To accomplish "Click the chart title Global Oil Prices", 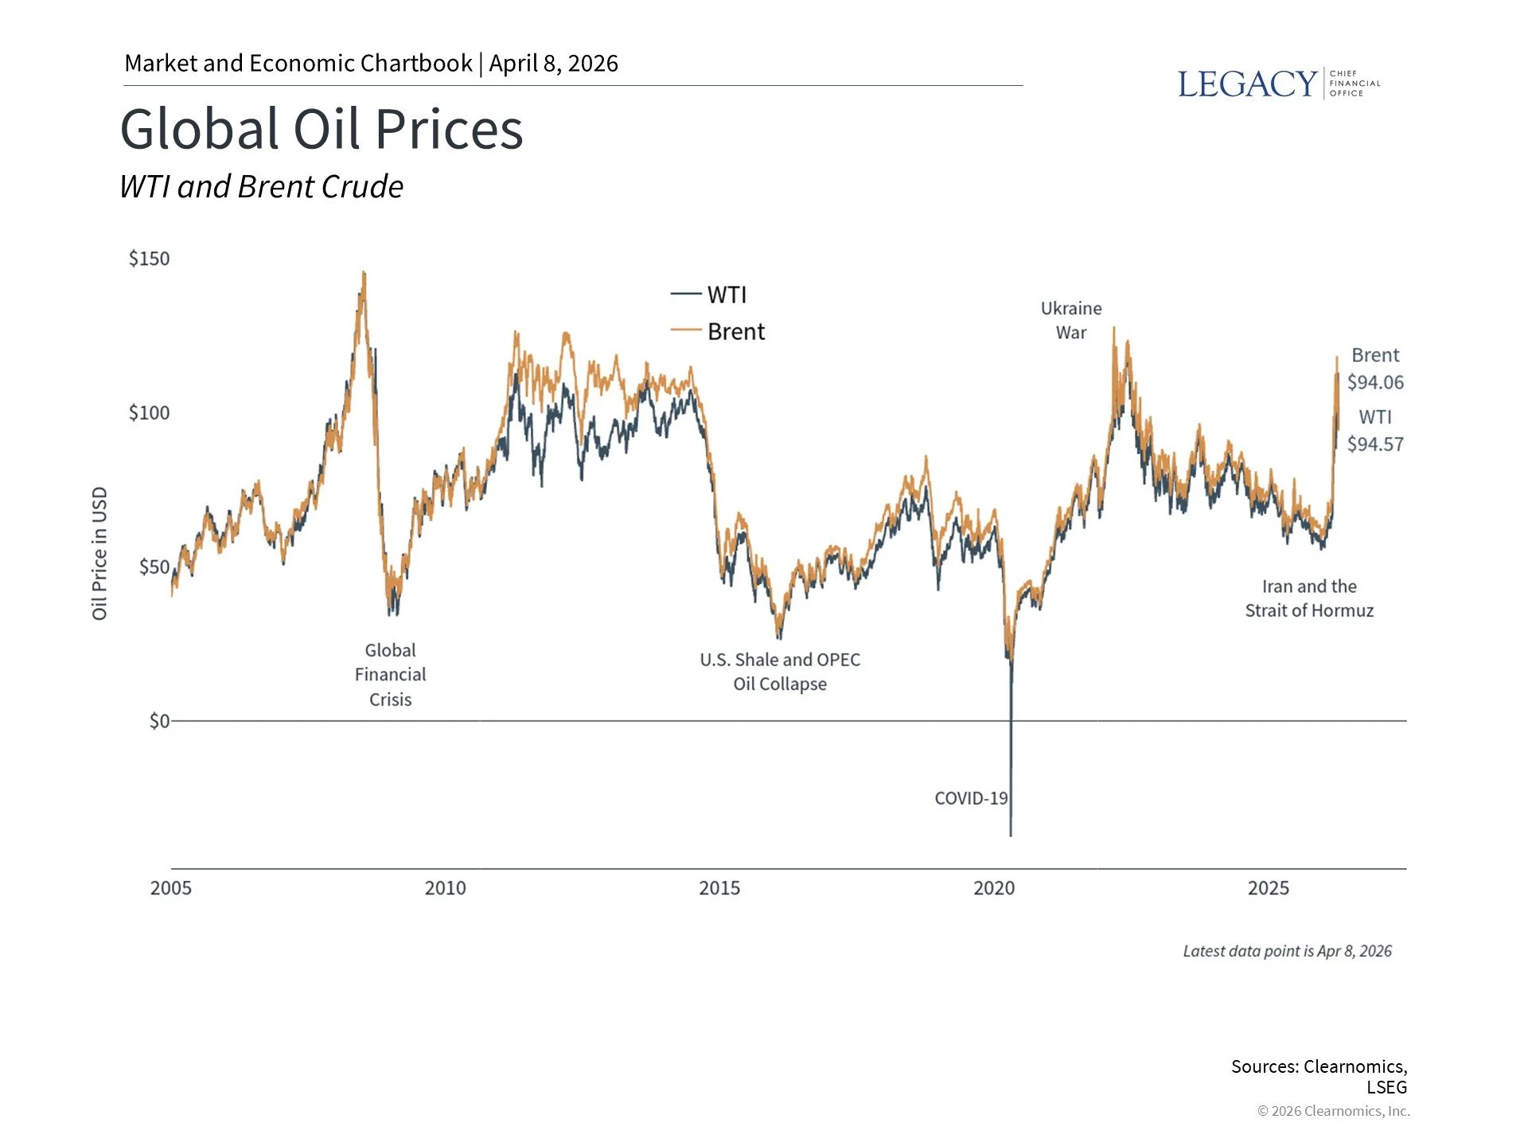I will click(322, 129).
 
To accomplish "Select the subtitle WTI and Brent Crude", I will click(261, 187).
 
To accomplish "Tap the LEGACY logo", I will click(1277, 84).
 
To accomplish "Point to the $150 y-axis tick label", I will click(149, 259).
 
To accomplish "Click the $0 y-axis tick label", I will click(158, 721).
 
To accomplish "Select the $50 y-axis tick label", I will click(154, 567).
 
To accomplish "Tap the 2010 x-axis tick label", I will click(445, 888).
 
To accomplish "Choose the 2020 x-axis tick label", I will click(994, 888).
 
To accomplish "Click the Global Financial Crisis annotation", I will click(390, 675).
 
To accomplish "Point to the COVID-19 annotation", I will click(971, 798).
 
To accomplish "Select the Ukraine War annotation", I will click(1071, 320).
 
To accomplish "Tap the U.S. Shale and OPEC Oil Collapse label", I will click(780, 672).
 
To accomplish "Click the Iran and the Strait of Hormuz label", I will click(1309, 598).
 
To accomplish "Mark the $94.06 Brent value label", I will click(1375, 382).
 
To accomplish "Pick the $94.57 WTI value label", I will click(1375, 444).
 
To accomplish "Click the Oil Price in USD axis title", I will click(99, 553).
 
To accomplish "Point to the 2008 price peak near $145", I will click(364, 274).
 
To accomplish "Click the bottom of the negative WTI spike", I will click(1011, 835).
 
